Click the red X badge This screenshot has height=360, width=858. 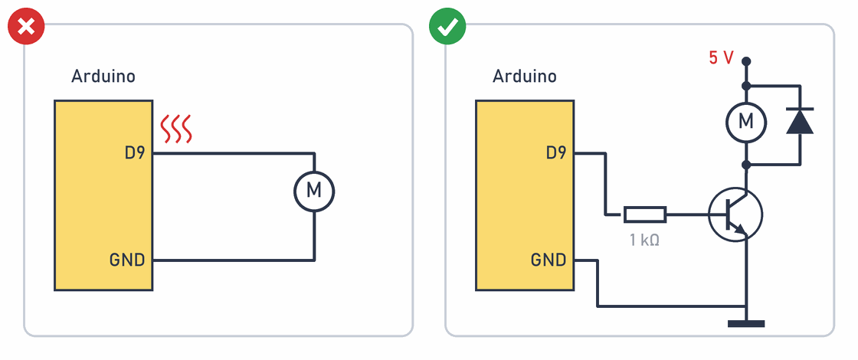pos(26,26)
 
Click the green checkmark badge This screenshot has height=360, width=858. pos(447,26)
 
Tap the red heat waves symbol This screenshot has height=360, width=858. pos(175,129)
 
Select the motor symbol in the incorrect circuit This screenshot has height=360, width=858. pos(314,191)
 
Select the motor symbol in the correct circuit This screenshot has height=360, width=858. pos(746,122)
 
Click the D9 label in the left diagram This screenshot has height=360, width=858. pos(135,153)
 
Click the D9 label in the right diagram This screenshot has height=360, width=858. pos(556,153)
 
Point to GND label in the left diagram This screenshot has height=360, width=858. pos(127,260)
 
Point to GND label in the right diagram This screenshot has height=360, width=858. pos(549,260)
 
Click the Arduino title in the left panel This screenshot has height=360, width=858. pos(103,76)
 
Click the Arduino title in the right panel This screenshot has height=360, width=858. pos(524,76)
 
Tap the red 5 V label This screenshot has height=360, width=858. pos(721,58)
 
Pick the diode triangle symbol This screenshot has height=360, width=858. pos(800,122)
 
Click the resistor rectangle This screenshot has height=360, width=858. pos(645,214)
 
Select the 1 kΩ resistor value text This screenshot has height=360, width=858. pos(644,240)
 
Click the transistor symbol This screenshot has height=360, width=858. pos(735,214)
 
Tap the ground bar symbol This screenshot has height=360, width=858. pos(746,324)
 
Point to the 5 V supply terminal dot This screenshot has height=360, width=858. pos(746,61)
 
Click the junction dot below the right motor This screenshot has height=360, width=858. pos(746,164)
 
